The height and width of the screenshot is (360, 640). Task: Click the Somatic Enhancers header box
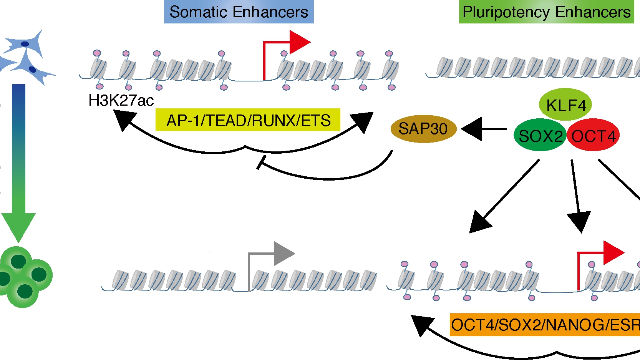[x=239, y=12]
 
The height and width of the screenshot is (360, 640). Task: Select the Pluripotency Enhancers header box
[x=546, y=12]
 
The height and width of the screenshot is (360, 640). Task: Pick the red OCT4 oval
[x=594, y=136]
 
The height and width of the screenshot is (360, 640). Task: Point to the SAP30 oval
[x=423, y=129]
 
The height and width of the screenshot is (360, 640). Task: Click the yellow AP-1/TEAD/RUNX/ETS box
[x=248, y=120]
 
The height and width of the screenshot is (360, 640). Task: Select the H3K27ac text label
[x=121, y=101]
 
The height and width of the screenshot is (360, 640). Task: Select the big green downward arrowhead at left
[x=18, y=227]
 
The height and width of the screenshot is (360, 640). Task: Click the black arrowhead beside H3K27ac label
[x=124, y=119]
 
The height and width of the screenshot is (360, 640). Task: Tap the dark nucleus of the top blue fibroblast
[x=25, y=44]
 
